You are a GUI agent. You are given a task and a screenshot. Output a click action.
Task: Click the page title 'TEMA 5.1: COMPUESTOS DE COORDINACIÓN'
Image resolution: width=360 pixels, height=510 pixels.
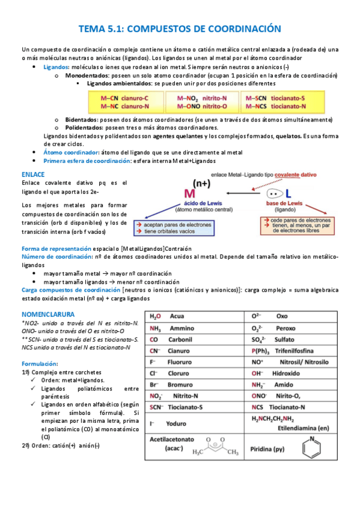pos(180,28)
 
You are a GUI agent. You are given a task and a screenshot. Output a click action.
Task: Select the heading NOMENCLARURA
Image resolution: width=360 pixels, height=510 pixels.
pos(48,315)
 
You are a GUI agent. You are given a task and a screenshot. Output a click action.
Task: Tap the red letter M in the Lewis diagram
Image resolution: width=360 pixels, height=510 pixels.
pos(191,194)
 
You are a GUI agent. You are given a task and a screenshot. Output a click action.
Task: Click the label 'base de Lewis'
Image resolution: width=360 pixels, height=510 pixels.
pos(285,204)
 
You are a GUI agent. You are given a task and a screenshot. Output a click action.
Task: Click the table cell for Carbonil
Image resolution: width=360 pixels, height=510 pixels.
pos(195,339)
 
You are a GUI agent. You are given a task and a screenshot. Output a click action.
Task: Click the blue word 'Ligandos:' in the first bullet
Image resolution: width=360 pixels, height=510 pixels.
pos(56,67)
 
